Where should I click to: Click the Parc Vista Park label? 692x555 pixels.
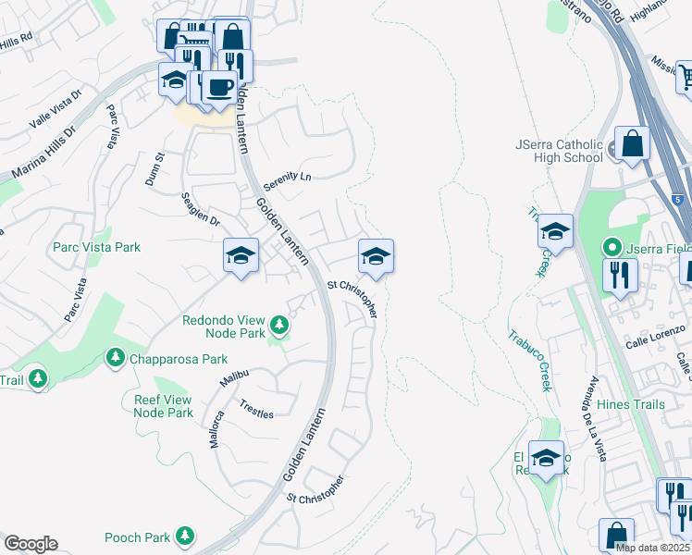[97, 247]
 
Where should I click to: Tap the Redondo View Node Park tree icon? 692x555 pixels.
[278, 326]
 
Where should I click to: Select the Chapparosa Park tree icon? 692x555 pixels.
[115, 357]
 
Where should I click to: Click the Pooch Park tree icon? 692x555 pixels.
[185, 536]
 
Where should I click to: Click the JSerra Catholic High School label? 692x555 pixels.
[560, 151]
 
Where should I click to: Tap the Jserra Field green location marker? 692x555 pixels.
[611, 248]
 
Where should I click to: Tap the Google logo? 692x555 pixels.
[31, 544]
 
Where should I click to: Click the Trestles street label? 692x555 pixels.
[256, 409]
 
